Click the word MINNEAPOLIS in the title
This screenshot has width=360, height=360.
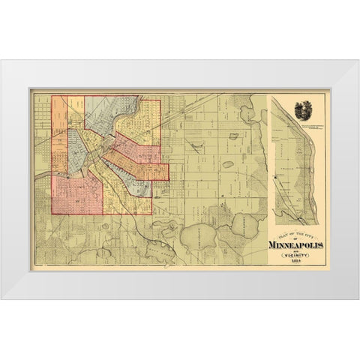296,244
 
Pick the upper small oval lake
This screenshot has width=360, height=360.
234,136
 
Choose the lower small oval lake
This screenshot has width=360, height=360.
227,164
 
